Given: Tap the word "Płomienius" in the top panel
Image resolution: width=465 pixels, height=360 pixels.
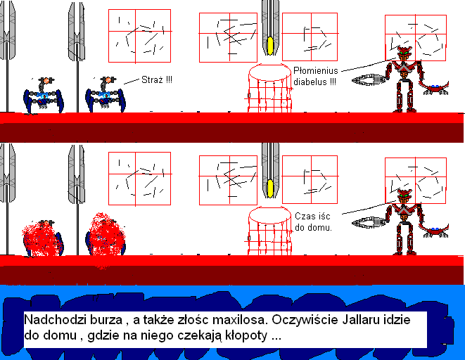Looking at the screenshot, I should click(x=316, y=71).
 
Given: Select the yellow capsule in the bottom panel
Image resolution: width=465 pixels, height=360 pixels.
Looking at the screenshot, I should click(x=269, y=188).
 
